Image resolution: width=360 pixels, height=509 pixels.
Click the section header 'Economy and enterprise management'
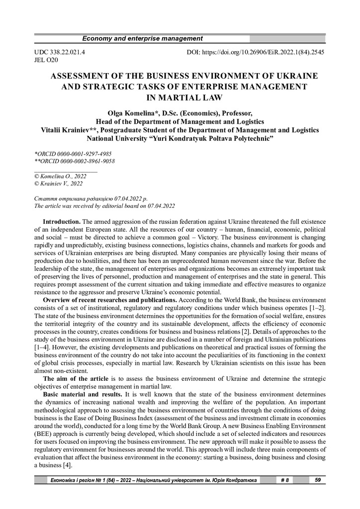[142, 39]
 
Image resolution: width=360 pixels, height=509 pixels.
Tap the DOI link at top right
[256, 52]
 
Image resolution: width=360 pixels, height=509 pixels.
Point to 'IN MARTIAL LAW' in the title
[180, 97]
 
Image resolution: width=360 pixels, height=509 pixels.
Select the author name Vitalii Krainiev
[70, 130]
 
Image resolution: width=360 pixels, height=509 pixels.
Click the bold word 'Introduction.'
[62, 220]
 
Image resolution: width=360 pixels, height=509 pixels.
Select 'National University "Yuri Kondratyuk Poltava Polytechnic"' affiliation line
[180, 138]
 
